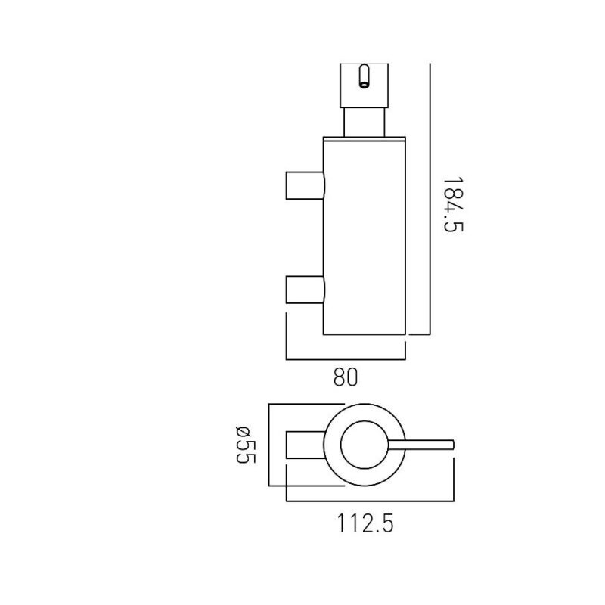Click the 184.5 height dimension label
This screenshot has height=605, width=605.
[x=452, y=204]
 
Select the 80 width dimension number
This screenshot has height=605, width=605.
[x=346, y=377]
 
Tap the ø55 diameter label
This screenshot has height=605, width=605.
[x=245, y=445]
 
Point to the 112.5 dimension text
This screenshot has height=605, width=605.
[x=365, y=523]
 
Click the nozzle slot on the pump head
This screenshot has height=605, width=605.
[x=364, y=77]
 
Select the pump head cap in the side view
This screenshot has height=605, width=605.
[x=364, y=85]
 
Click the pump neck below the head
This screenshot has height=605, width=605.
[x=364, y=123]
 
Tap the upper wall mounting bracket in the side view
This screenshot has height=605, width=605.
[x=306, y=185]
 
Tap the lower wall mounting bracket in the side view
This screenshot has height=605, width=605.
[x=306, y=290]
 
